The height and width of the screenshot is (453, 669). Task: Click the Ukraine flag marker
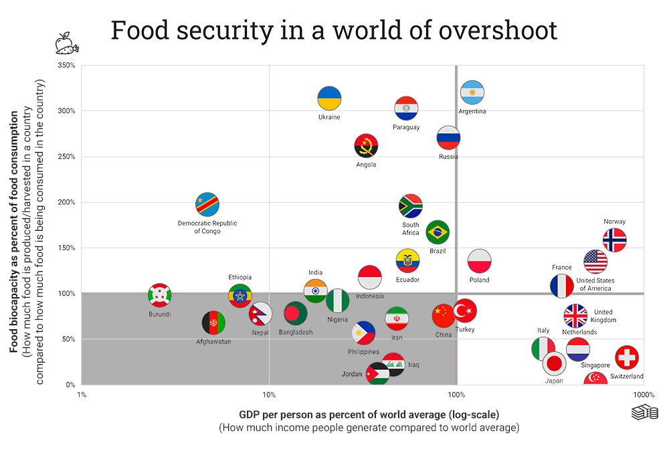tap(329, 98)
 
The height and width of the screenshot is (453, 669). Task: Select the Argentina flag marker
tap(472, 93)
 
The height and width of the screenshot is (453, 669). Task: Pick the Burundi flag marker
tap(159, 295)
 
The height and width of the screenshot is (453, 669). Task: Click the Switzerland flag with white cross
tap(626, 358)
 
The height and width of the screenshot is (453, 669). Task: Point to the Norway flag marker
tap(614, 240)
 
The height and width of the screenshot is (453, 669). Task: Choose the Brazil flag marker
tap(438, 232)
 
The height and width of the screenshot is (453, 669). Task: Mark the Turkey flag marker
tap(464, 310)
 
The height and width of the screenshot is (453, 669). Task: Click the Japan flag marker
tap(554, 363)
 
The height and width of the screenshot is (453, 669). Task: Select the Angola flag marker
tap(366, 146)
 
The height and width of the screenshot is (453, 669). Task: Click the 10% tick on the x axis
tap(269, 395)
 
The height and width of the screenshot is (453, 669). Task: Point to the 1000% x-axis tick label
tap(644, 395)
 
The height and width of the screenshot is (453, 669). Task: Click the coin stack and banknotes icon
tap(644, 413)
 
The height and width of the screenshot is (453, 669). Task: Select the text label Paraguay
tap(406, 127)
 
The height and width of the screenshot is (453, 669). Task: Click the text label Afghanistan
tap(213, 342)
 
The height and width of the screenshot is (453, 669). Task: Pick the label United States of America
tap(595, 284)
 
